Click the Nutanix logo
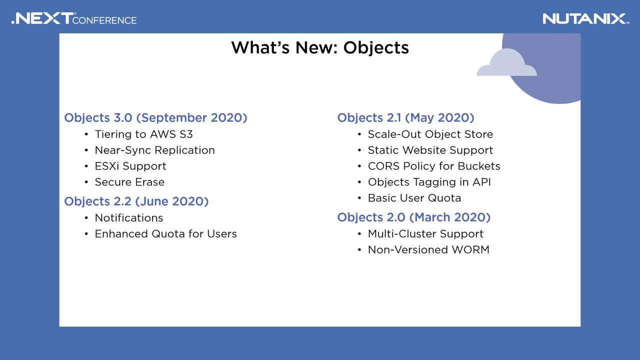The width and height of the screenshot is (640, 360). pyautogui.click(x=585, y=19)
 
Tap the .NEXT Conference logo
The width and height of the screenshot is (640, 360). pyautogui.click(x=74, y=18)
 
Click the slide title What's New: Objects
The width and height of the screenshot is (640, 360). pyautogui.click(x=320, y=47)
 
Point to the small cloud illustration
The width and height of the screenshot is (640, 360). pyautogui.click(x=506, y=62)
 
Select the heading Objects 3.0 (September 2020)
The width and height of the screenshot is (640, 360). pyautogui.click(x=155, y=117)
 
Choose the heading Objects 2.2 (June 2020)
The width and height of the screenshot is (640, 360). pyautogui.click(x=136, y=201)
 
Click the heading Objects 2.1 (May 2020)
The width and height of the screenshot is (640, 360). pyautogui.click(x=405, y=117)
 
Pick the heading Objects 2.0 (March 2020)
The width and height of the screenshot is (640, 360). pyautogui.click(x=413, y=217)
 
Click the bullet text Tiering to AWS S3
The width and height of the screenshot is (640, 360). pyautogui.click(x=143, y=134)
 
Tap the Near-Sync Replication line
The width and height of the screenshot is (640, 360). pyautogui.click(x=155, y=150)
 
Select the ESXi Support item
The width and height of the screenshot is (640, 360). pyautogui.click(x=130, y=166)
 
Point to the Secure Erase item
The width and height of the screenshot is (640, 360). pyautogui.click(x=129, y=182)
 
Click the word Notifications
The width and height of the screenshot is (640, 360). pyautogui.click(x=129, y=218)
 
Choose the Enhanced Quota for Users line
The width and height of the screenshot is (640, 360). pyautogui.click(x=165, y=234)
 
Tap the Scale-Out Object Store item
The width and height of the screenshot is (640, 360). pyautogui.click(x=430, y=134)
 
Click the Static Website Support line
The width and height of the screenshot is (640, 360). pyautogui.click(x=430, y=150)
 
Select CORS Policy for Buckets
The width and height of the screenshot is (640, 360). pyautogui.click(x=434, y=166)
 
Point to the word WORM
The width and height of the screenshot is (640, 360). pyautogui.click(x=470, y=249)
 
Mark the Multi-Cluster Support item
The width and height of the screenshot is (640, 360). pyautogui.click(x=425, y=234)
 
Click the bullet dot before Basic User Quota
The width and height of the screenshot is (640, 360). pyautogui.click(x=359, y=198)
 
